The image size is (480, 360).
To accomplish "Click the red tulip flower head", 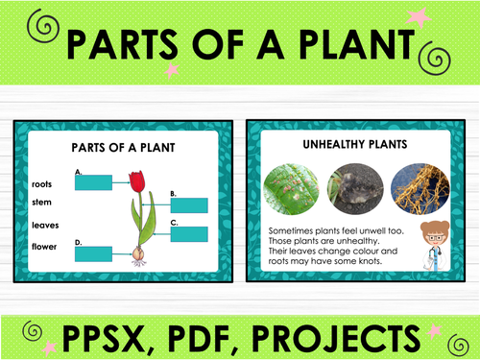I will [136, 181].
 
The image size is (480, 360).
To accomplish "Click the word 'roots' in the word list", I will [41, 183].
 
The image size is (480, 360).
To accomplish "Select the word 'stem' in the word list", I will [41, 203].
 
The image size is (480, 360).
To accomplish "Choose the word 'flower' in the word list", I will [44, 247].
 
